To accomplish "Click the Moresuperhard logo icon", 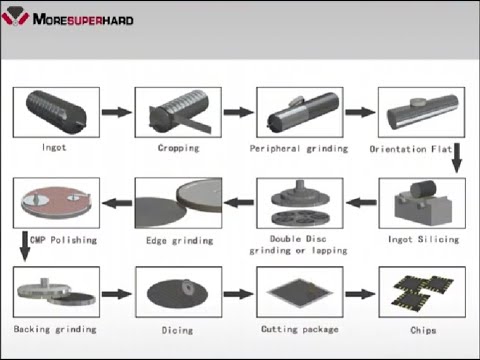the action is (x=15, y=16).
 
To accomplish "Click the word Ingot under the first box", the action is (x=54, y=147).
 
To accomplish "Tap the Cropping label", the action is (x=178, y=148).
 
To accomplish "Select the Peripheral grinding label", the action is (x=299, y=149).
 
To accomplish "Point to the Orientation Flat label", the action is (x=411, y=149).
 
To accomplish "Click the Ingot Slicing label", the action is (x=423, y=239).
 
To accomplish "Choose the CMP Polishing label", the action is (x=63, y=240).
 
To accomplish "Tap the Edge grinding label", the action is (x=179, y=241).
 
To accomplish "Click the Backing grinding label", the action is (x=55, y=329).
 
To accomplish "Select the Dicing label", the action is (x=177, y=330).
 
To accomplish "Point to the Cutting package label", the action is (x=300, y=329).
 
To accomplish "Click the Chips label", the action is (x=423, y=330).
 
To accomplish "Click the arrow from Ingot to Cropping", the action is (x=117, y=112).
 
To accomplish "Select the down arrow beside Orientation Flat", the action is (x=457, y=158).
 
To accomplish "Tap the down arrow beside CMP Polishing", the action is (x=25, y=246).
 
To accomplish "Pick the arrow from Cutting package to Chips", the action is (x=360, y=294).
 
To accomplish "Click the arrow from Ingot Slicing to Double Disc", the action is (x=361, y=202).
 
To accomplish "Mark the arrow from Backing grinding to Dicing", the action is (x=117, y=294).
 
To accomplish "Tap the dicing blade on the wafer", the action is (x=189, y=286).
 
